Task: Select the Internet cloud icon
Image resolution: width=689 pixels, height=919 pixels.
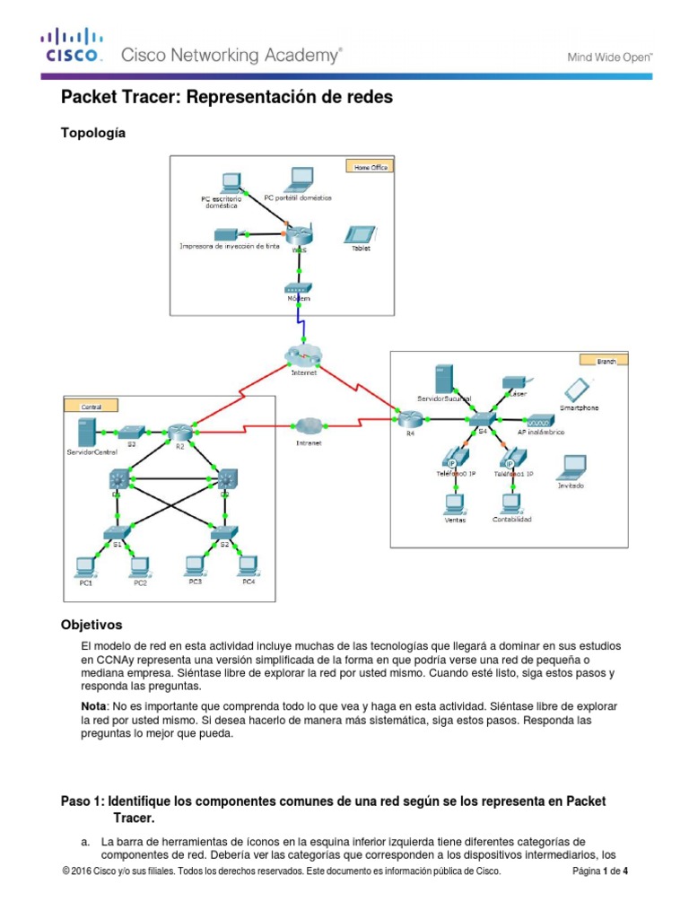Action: click(x=304, y=355)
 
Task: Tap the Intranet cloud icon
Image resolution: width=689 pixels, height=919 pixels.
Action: click(x=310, y=425)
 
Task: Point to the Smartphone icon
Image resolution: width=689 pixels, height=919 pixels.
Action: click(x=578, y=389)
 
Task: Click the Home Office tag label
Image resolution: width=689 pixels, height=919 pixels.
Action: click(x=368, y=166)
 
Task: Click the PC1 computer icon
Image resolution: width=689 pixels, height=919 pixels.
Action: click(x=85, y=565)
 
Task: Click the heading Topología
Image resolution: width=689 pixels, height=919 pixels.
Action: click(x=92, y=133)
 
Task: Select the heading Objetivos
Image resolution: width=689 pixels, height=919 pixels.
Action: click(x=91, y=624)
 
